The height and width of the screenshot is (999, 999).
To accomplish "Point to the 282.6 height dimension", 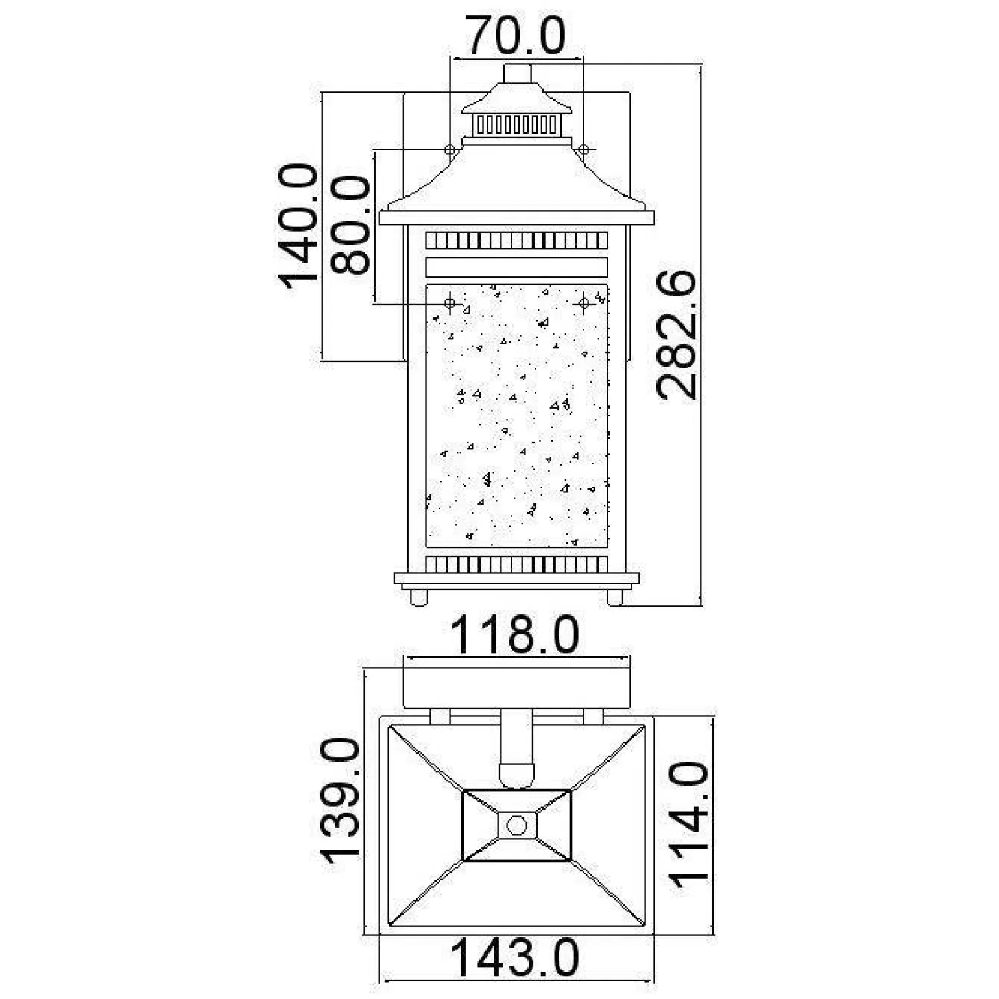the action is (676, 335).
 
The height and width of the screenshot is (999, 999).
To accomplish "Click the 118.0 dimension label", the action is (514, 636).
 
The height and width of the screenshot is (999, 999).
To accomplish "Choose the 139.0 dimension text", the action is (339, 802).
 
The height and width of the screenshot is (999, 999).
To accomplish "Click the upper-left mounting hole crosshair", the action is (450, 150).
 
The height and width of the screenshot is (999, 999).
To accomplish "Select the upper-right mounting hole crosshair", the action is (583, 150).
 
